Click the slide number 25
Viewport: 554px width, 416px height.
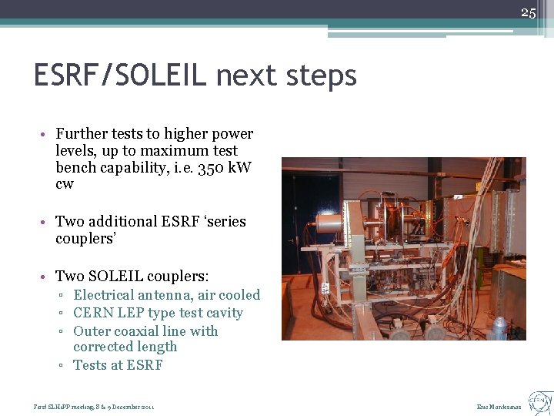(528, 12)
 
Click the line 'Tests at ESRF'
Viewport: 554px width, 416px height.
(118, 365)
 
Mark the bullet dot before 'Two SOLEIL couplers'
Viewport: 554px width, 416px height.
(47, 277)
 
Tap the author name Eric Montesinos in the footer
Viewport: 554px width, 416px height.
(499, 407)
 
